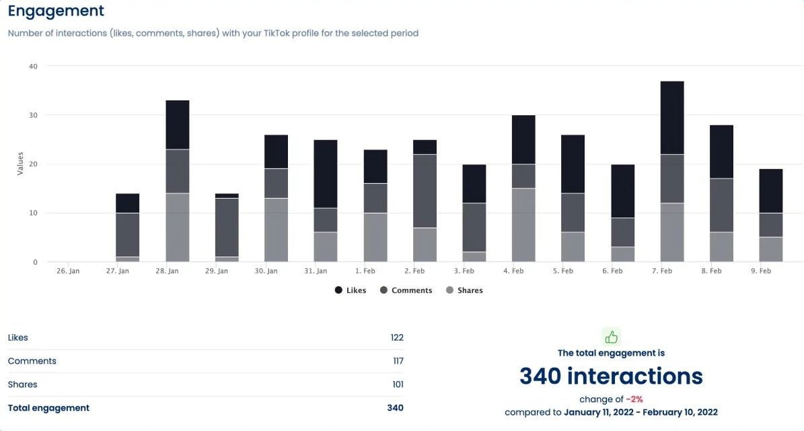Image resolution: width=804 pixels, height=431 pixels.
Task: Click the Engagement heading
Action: pyautogui.click(x=56, y=11)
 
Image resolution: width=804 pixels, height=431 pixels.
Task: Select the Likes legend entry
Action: pyautogui.click(x=351, y=290)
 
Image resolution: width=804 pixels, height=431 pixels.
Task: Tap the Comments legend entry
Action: pyautogui.click(x=406, y=290)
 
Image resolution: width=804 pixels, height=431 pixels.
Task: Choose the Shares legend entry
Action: pyautogui.click(x=464, y=290)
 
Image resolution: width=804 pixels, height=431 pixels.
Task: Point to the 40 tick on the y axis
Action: pyautogui.click(x=33, y=66)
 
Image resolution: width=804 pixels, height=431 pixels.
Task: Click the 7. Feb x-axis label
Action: pyautogui.click(x=662, y=271)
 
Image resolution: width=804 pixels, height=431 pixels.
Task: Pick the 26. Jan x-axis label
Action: pyautogui.click(x=68, y=271)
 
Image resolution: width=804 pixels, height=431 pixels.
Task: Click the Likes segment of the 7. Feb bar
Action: pyautogui.click(x=671, y=118)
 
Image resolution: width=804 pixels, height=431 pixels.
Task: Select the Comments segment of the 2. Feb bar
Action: pyautogui.click(x=425, y=191)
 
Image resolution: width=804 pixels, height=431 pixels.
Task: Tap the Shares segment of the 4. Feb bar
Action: pyautogui.click(x=523, y=225)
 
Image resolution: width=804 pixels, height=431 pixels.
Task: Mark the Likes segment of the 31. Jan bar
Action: pyautogui.click(x=326, y=174)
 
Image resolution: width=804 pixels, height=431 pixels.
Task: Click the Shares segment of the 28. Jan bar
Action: pyautogui.click(x=177, y=227)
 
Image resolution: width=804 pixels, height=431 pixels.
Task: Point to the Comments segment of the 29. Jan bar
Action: pyautogui.click(x=227, y=227)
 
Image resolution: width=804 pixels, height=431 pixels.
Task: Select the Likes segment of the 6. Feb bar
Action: pyautogui.click(x=622, y=191)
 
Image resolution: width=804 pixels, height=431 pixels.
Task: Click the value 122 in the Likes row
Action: pyautogui.click(x=396, y=337)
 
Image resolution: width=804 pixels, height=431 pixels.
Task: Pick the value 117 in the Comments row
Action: pyautogui.click(x=398, y=361)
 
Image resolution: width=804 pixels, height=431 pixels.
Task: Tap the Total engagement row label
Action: pyautogui.click(x=48, y=407)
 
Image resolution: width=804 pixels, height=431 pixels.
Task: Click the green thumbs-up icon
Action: pyautogui.click(x=611, y=337)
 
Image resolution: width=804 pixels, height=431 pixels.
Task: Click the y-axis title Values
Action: pyautogui.click(x=20, y=164)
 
